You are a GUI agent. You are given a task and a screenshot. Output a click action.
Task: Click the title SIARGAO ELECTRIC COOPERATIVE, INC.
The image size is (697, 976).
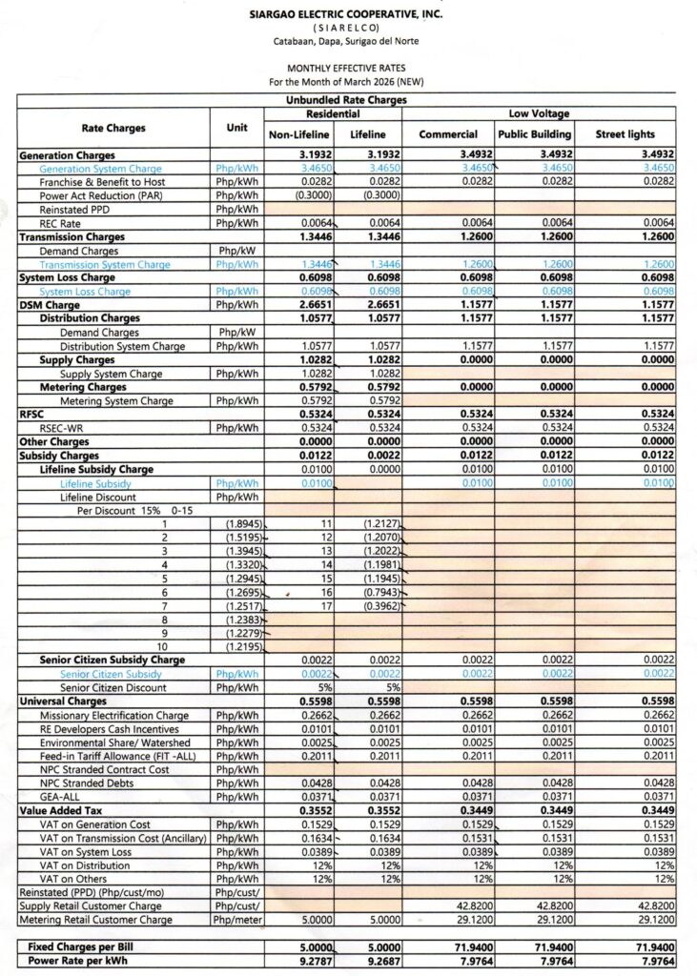[345, 14]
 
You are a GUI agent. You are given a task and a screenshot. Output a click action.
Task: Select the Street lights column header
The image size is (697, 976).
[625, 134]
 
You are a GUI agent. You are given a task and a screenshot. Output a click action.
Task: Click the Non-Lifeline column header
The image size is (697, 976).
[298, 134]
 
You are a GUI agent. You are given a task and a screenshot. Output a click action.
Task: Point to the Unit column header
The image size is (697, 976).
[237, 127]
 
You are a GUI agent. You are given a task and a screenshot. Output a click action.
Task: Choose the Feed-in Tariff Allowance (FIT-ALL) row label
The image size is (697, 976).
[114, 756]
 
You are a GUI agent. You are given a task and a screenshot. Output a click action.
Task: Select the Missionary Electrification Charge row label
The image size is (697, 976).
[114, 716]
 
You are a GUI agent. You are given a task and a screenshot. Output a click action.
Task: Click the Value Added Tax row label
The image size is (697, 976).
[59, 809]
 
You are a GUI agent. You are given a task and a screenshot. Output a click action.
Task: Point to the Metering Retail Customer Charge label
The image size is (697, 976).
[96, 920]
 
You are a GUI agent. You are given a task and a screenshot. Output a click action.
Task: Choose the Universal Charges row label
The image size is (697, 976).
[60, 701]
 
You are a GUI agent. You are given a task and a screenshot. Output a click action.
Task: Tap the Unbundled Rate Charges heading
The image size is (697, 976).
[346, 99]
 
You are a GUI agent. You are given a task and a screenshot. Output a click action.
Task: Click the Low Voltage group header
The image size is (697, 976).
[538, 112]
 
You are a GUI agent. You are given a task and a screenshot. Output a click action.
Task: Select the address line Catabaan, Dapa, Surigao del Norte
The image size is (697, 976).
[345, 41]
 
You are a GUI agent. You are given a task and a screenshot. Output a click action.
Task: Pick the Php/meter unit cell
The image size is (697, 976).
[237, 920]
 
